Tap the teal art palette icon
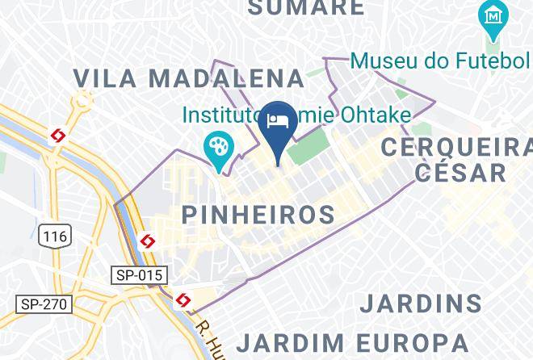pyautogui.click(x=219, y=146)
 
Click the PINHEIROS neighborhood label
pyautogui.click(x=258, y=215)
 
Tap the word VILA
pyautogui.click(x=107, y=78)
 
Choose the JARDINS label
pyautogui.click(x=421, y=303)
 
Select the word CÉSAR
pyautogui.click(x=460, y=172)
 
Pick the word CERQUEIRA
pyautogui.click(x=456, y=147)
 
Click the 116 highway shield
pyautogui.click(x=55, y=236)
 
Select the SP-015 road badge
pyautogui.click(x=139, y=275)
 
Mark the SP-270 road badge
pyautogui.click(x=44, y=304)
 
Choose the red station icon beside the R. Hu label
pyautogui.click(x=183, y=300)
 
